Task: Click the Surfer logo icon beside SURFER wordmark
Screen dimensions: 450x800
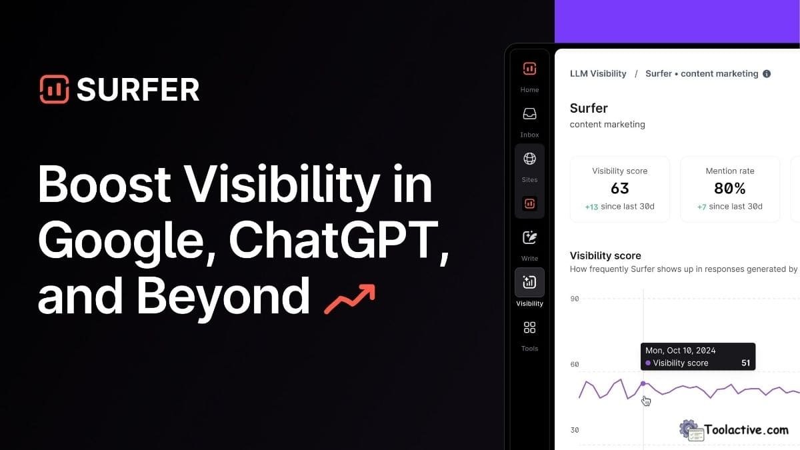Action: click(54, 89)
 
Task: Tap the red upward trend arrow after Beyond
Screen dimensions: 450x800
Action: click(349, 299)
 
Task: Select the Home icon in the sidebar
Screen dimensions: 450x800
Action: click(529, 69)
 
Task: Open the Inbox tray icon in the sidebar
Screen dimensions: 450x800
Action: click(529, 114)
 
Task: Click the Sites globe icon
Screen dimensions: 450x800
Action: click(529, 159)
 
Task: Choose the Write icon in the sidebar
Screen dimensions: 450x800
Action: click(529, 237)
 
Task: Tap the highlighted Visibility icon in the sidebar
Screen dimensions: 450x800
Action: click(529, 282)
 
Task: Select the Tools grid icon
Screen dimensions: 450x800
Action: click(529, 327)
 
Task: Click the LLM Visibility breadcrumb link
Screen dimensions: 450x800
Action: click(598, 74)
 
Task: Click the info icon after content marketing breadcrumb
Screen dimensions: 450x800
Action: click(767, 74)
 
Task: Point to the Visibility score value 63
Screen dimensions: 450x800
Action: click(619, 189)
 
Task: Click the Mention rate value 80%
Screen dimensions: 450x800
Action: click(729, 189)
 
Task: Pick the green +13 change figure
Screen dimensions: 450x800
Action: click(591, 207)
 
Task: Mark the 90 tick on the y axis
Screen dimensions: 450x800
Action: click(575, 299)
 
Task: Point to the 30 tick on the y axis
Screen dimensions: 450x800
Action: click(575, 430)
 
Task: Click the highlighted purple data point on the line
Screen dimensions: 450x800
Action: click(643, 383)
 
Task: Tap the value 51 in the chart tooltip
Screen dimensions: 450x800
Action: click(745, 363)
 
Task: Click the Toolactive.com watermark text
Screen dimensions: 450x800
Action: click(747, 430)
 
